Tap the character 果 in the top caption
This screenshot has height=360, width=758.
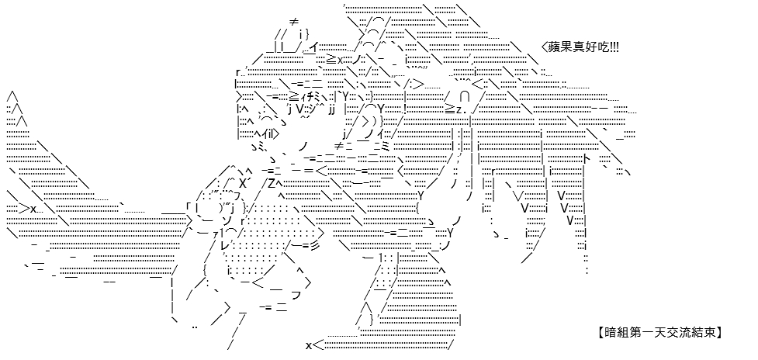click(x=566, y=47)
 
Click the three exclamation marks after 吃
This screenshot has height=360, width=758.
click(x=612, y=47)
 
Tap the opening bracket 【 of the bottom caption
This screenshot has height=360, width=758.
click(x=600, y=332)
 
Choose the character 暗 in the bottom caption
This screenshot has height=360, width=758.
click(x=609, y=332)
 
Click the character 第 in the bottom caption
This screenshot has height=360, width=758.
click(x=632, y=332)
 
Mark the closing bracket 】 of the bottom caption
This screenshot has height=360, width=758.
click(x=718, y=332)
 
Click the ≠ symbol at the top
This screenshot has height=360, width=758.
click(x=293, y=22)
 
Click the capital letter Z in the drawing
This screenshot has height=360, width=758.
click(x=272, y=184)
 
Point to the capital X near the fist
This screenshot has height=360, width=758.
click(x=243, y=184)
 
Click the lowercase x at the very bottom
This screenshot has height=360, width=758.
click(x=309, y=345)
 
